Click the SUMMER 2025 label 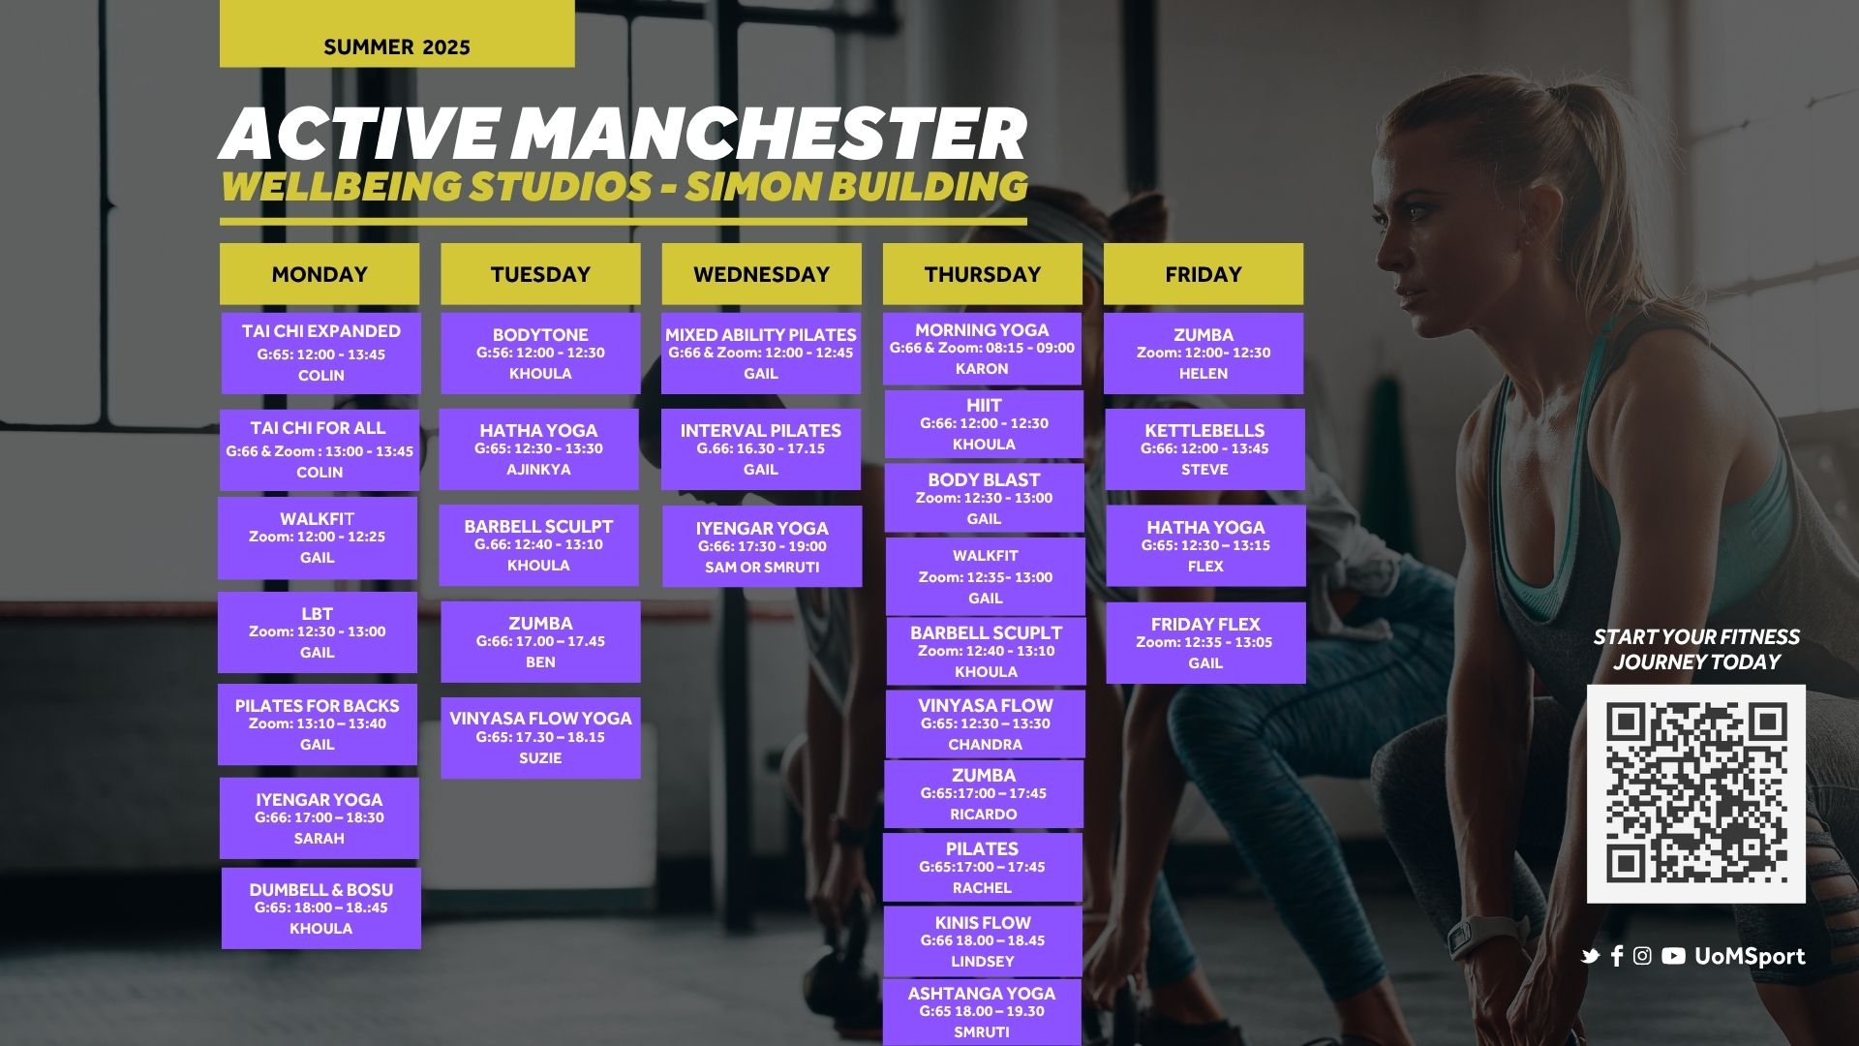pyautogui.click(x=397, y=46)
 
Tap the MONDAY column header pyautogui.click(x=320, y=274)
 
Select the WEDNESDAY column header pyautogui.click(x=762, y=274)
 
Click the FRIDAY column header pyautogui.click(x=1204, y=274)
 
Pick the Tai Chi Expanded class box pyautogui.click(x=321, y=353)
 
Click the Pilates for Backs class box pyautogui.click(x=318, y=724)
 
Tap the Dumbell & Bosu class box pyautogui.click(x=321, y=908)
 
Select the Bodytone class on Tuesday pyautogui.click(x=540, y=353)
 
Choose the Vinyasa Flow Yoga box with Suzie pyautogui.click(x=540, y=738)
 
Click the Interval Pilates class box pyautogui.click(x=761, y=449)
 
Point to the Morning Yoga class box pyautogui.click(x=982, y=349)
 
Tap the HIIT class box pyautogui.click(x=984, y=424)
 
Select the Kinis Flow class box pyautogui.click(x=983, y=941)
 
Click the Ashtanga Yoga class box pyautogui.click(x=982, y=1012)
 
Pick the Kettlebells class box pyautogui.click(x=1205, y=449)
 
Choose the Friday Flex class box pyautogui.click(x=1205, y=643)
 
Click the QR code pyautogui.click(x=1696, y=794)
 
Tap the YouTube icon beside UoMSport pyautogui.click(x=1673, y=956)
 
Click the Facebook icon pyautogui.click(x=1617, y=956)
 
